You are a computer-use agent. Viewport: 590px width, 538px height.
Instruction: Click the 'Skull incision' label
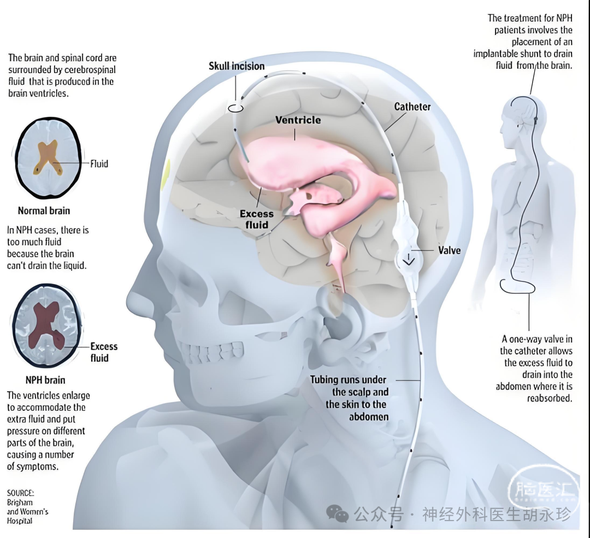pyautogui.click(x=237, y=66)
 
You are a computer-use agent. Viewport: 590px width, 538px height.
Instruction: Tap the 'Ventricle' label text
pyautogui.click(x=298, y=120)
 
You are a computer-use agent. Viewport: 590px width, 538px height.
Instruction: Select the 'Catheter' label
pyautogui.click(x=412, y=107)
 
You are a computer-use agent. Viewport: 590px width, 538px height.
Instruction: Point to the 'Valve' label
pyautogui.click(x=449, y=251)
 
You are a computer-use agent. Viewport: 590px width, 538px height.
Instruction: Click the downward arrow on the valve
pyautogui.click(x=409, y=259)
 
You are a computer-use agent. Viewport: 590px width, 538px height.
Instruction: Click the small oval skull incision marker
pyautogui.click(x=235, y=108)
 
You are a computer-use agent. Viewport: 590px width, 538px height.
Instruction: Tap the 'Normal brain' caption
pyautogui.click(x=44, y=211)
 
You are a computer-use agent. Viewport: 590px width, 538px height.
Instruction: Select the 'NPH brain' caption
pyautogui.click(x=45, y=380)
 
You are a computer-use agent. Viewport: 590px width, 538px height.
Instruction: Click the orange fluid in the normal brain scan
pyautogui.click(x=47, y=157)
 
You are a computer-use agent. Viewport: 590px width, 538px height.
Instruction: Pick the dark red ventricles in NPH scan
pyautogui.click(x=46, y=326)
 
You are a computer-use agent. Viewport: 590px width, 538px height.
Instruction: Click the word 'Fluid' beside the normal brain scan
pyautogui.click(x=99, y=164)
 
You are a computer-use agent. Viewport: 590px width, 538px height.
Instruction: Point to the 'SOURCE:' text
pyautogui.click(x=20, y=493)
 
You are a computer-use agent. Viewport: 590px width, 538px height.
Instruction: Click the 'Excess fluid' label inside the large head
pyautogui.click(x=257, y=220)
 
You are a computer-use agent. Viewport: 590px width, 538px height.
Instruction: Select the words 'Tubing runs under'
pyautogui.click(x=348, y=380)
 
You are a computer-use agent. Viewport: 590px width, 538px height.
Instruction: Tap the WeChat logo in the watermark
pyautogui.click(x=337, y=513)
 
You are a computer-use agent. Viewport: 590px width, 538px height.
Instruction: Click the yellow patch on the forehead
pyautogui.click(x=165, y=174)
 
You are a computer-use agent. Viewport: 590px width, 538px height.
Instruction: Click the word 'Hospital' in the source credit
pyautogui.click(x=20, y=521)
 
